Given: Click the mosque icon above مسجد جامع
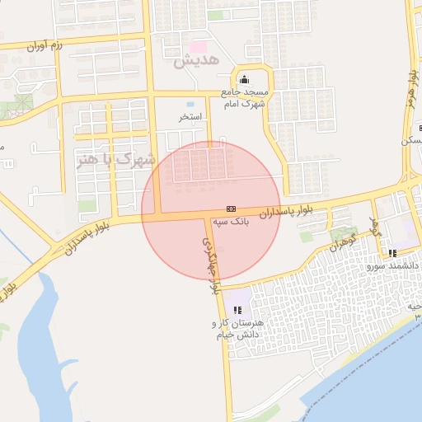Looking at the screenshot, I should coord(244,80).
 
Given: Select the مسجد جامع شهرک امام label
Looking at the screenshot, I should coord(246,98).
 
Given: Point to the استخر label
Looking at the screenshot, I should coord(191,117).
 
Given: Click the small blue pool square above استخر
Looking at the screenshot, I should coord(191,105).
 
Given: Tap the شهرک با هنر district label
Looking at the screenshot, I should coord(115,158).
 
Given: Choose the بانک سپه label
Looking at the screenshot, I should coord(231,222).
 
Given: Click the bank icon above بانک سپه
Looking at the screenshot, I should coord(231,209).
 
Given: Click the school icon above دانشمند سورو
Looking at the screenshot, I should coord(393,253).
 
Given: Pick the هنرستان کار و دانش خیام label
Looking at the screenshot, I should coord(238,329).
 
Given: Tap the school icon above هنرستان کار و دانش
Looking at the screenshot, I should coord(238,310).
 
